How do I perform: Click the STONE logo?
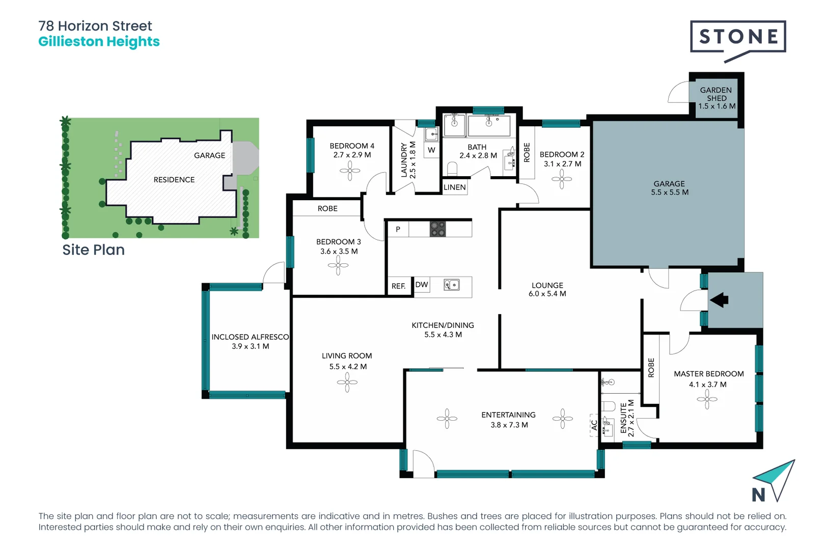[x=737, y=37]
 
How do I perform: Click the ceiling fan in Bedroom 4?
[x=350, y=171]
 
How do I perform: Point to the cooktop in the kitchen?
[x=438, y=229]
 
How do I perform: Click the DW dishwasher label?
[x=422, y=285]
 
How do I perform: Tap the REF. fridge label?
[x=399, y=286]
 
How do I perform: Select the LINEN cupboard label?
[x=454, y=187]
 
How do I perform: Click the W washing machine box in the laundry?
[x=431, y=150]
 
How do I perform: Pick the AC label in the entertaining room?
[x=594, y=424]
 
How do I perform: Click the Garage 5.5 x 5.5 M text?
[x=669, y=188]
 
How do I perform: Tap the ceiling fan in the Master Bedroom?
[x=707, y=399]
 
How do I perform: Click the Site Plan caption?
[x=93, y=250]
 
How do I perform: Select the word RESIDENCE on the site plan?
[x=174, y=180]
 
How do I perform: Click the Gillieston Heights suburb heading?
[x=99, y=42]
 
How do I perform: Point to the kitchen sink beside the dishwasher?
[x=451, y=285]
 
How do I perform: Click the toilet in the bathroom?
[x=452, y=168]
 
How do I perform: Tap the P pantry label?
[x=398, y=229]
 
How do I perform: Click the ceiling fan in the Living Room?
[x=347, y=382]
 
